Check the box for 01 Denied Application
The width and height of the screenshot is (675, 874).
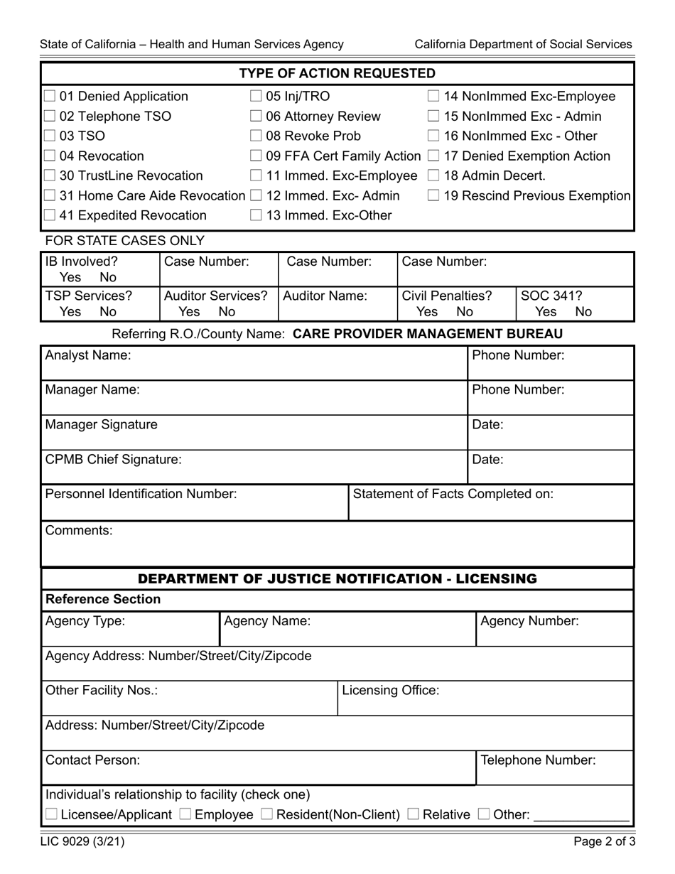(x=50, y=97)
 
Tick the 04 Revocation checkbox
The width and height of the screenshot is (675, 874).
(x=50, y=156)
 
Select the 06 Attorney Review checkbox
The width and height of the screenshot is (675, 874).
(x=256, y=117)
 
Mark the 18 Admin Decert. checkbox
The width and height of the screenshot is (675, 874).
(x=434, y=176)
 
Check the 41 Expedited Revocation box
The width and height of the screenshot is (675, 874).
(x=50, y=215)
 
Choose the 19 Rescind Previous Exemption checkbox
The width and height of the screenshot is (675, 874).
(x=434, y=195)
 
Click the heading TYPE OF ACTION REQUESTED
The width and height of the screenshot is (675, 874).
(x=337, y=74)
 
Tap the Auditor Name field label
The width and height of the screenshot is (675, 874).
(x=325, y=295)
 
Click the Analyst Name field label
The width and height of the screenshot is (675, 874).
(x=88, y=355)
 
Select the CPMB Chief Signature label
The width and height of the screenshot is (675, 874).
(x=114, y=459)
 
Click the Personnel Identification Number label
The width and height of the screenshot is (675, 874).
(x=141, y=493)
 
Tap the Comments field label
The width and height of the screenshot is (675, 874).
(x=79, y=529)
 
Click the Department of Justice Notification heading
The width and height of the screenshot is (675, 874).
(x=337, y=579)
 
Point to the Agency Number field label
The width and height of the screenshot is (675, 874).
(x=529, y=621)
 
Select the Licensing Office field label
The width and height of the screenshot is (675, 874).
(x=390, y=690)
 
